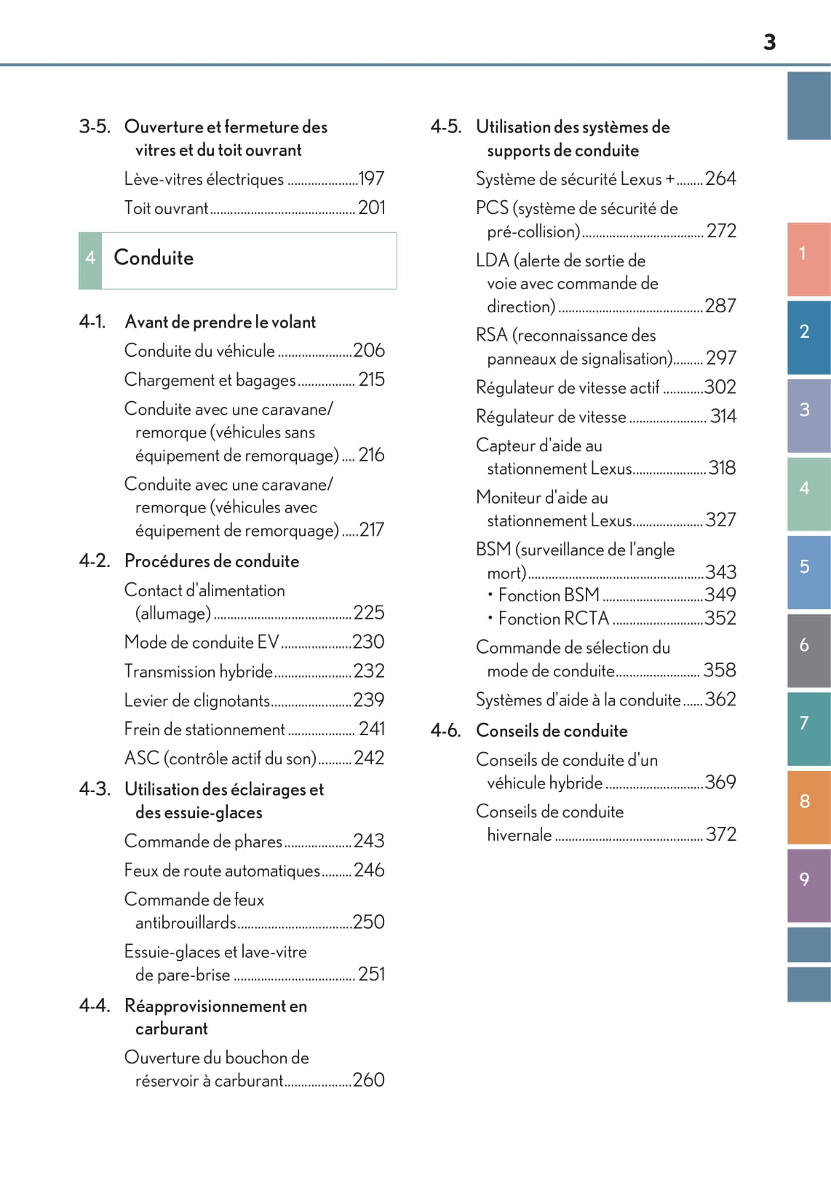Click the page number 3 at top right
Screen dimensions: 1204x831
[769, 42]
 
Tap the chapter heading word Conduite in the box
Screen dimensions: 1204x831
[154, 258]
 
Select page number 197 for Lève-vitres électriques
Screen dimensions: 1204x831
[371, 178]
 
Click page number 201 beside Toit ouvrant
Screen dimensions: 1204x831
[371, 207]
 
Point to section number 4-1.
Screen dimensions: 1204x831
[92, 322]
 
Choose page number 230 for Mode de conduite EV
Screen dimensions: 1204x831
[368, 642]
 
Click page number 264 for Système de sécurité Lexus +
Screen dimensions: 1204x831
[720, 178]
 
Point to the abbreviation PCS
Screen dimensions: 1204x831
[492, 208]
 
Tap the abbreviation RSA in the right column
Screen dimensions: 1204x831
[491, 336]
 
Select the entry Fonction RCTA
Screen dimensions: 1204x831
[553, 619]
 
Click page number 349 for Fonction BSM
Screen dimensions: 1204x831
[720, 595]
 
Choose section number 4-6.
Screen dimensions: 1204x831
[445, 730]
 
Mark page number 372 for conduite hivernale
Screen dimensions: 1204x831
[721, 834]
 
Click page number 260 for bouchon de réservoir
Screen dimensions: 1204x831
[368, 1080]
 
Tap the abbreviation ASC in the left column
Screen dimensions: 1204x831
[141, 758]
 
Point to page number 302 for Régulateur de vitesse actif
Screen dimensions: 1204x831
[720, 387]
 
